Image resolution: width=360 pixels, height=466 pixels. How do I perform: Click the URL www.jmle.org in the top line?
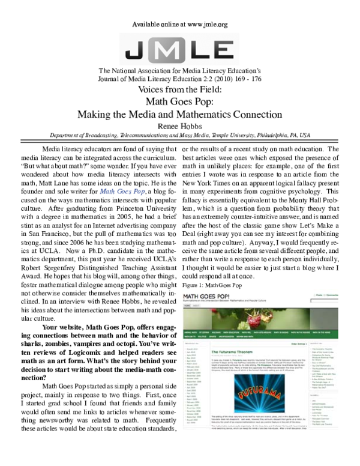[202, 25]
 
